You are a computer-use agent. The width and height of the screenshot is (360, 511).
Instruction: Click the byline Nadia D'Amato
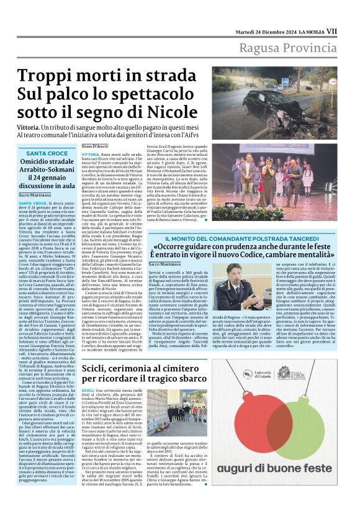(96, 145)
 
